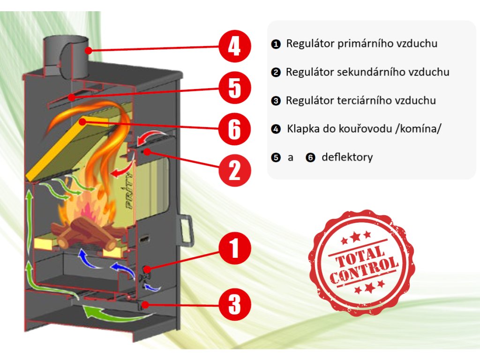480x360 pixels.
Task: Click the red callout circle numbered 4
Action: click(235, 46)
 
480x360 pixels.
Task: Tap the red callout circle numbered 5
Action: click(235, 88)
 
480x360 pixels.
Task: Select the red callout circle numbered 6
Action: click(235, 129)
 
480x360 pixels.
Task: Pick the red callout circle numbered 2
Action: click(235, 170)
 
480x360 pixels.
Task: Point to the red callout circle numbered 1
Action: click(235, 248)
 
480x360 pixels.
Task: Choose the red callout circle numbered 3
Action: click(235, 304)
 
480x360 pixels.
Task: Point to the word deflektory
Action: click(347, 157)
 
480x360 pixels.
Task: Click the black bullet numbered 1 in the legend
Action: click(276, 45)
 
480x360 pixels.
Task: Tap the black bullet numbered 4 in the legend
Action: click(276, 129)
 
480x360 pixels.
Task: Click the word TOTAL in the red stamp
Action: click(360, 256)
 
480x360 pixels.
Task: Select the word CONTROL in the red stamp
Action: click(364, 270)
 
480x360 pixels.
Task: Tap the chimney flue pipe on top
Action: click(66, 57)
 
